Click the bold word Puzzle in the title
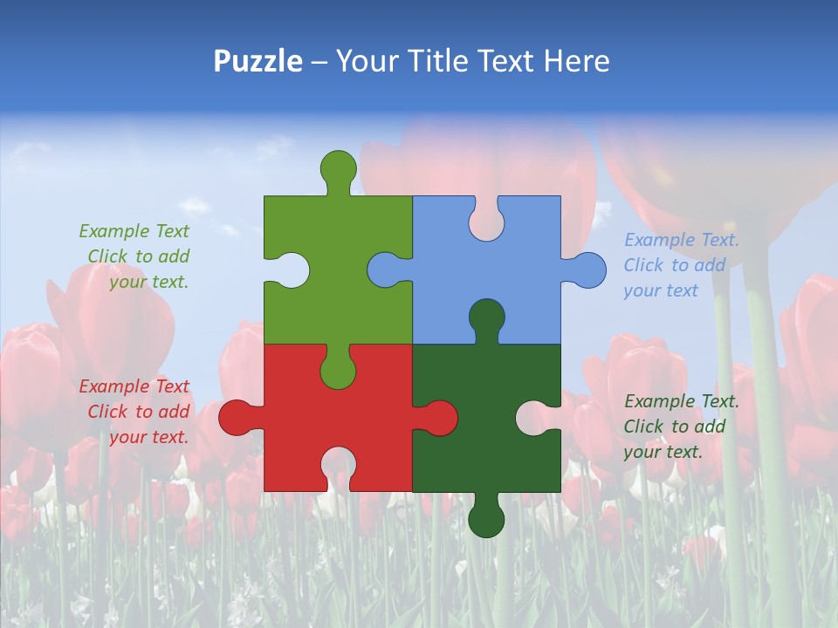coord(258,61)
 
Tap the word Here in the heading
coord(576,61)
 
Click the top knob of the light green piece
coord(338,168)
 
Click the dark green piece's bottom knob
coord(486,520)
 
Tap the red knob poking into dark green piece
coord(439,417)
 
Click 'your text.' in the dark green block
coord(663,452)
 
